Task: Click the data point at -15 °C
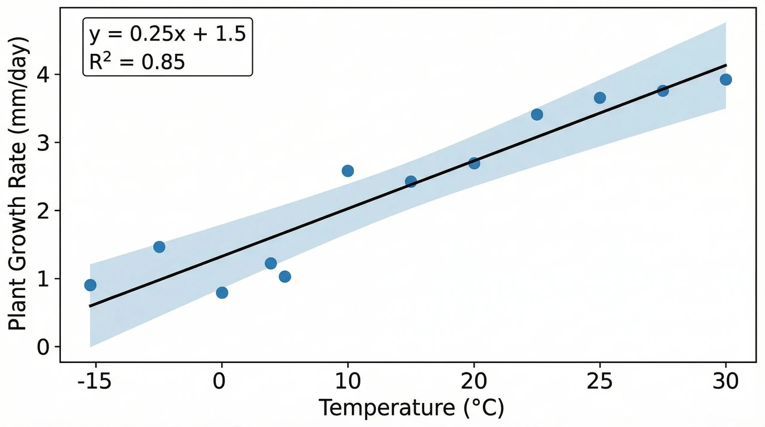[90, 285]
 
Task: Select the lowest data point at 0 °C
[222, 292]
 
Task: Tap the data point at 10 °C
[348, 171]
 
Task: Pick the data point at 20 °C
[474, 163]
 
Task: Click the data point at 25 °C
[600, 98]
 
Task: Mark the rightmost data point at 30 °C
[726, 80]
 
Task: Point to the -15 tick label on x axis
[94, 381]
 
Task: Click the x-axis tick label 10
[348, 381]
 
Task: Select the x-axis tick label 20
[474, 381]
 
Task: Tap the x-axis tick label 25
[599, 381]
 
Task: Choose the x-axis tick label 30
[726, 381]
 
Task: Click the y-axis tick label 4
[44, 75]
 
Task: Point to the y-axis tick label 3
[44, 142]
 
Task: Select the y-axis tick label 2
[44, 211]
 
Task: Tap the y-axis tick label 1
[44, 279]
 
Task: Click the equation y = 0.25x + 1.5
[167, 34]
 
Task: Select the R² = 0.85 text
[137, 61]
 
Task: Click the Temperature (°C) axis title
[412, 408]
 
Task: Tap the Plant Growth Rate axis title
[17, 184]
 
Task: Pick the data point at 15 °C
[411, 181]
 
